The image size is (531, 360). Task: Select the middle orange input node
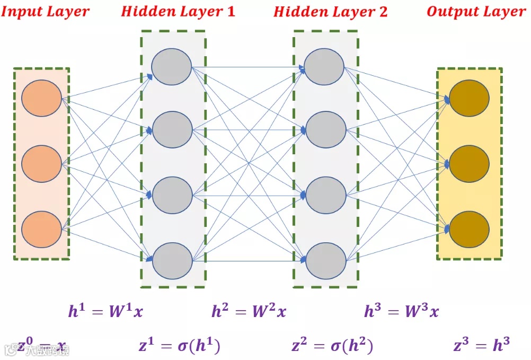click(42, 164)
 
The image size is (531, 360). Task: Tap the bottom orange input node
click(42, 230)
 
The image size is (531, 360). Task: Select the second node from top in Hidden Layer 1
click(172, 129)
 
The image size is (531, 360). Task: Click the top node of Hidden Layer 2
click(324, 67)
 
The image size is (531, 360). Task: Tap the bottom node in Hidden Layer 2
click(325, 260)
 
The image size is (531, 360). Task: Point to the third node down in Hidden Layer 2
click(325, 195)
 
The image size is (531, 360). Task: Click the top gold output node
click(469, 99)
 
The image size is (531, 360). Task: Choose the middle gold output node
click(469, 164)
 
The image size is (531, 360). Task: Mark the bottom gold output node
click(469, 230)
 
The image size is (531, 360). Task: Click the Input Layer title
click(46, 12)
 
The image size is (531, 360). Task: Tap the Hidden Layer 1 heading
click(178, 11)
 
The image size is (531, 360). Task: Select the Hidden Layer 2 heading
click(331, 12)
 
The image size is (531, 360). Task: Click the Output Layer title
click(476, 12)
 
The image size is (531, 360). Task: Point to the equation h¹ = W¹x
click(105, 311)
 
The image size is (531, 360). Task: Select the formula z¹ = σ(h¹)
click(179, 346)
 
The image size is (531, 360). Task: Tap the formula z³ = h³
click(482, 346)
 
